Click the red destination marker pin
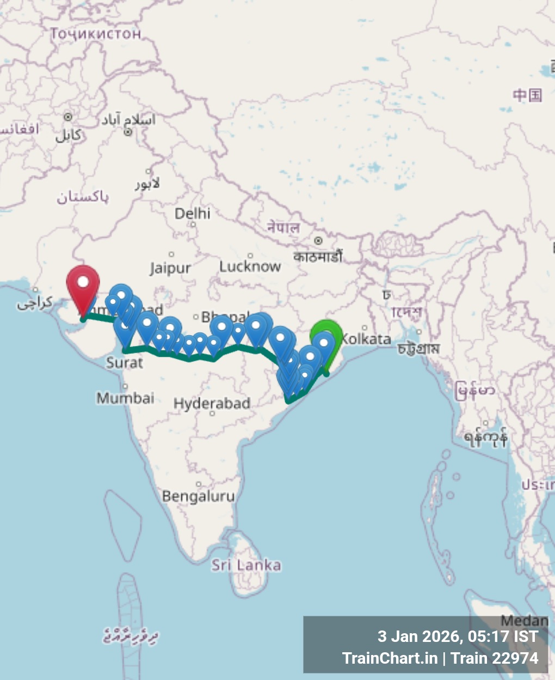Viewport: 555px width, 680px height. (83, 283)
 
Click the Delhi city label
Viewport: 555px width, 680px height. (193, 213)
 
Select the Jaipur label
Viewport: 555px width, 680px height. (170, 268)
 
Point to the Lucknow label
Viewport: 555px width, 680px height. (250, 267)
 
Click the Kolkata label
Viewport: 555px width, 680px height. (366, 339)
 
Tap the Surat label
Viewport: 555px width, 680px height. (125, 362)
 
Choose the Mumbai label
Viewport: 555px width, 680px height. (126, 398)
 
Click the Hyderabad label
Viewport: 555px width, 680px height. (212, 404)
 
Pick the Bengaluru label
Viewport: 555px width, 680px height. (199, 496)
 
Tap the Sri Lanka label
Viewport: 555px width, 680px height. (246, 565)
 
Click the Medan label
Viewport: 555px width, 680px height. (525, 621)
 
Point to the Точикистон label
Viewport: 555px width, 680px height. (96, 34)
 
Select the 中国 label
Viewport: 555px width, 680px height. (527, 95)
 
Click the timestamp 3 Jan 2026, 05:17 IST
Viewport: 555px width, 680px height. (458, 636)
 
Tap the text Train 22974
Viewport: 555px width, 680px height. (495, 658)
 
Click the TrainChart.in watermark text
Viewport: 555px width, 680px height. (390, 658)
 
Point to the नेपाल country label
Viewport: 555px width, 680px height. (283, 227)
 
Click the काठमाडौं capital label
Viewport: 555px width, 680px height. (318, 256)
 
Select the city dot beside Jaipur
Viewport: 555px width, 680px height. (171, 254)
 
